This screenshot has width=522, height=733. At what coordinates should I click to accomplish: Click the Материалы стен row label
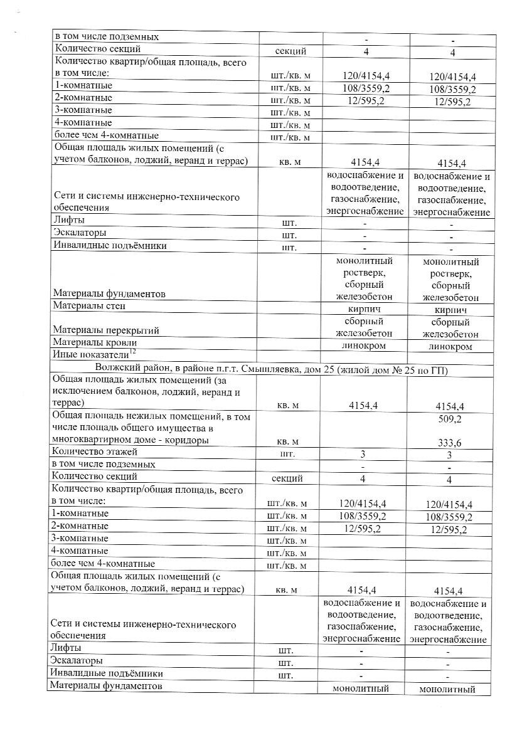(89, 307)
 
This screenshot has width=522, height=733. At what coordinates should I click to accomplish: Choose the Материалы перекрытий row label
(105, 330)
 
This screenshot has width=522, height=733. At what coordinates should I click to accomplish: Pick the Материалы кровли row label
(94, 343)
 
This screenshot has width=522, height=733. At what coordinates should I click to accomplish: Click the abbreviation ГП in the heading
(439, 369)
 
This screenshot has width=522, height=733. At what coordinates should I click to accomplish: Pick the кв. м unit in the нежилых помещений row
(287, 442)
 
